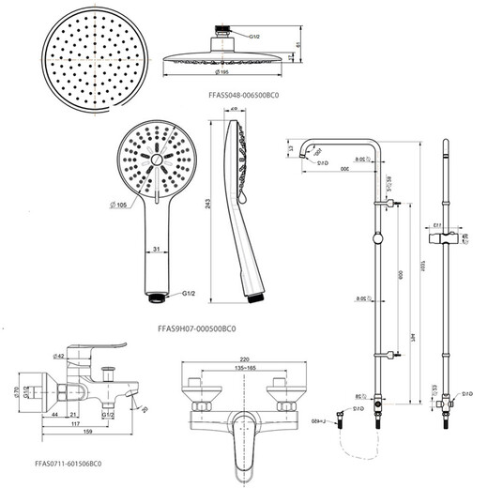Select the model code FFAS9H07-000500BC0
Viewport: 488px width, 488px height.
click(191, 328)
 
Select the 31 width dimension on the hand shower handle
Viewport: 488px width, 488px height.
click(160, 248)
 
